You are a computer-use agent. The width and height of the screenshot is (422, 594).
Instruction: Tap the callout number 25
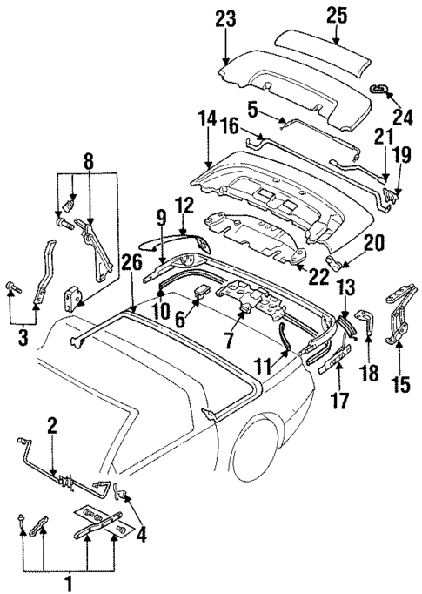point(335,15)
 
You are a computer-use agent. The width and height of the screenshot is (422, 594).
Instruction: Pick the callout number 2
point(51,426)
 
